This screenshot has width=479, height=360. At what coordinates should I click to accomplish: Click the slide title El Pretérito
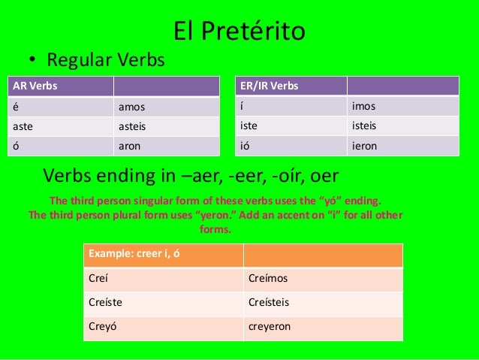(x=239, y=31)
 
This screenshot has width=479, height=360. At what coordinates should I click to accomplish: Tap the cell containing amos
(x=166, y=106)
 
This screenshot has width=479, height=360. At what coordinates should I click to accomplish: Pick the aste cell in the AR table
(x=59, y=126)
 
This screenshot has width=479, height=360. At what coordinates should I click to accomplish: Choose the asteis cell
(x=166, y=126)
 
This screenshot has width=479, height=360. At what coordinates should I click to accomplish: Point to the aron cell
(x=166, y=145)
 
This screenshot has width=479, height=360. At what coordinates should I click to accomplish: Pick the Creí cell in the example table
(x=163, y=279)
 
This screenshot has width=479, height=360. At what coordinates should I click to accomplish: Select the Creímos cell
(x=323, y=279)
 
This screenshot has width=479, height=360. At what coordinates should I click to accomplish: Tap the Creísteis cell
(x=323, y=303)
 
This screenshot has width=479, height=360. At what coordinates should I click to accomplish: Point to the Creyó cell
(x=163, y=327)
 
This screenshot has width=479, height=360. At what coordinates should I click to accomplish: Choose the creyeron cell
(x=323, y=327)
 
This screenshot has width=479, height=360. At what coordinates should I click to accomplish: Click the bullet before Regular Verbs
(x=34, y=60)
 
